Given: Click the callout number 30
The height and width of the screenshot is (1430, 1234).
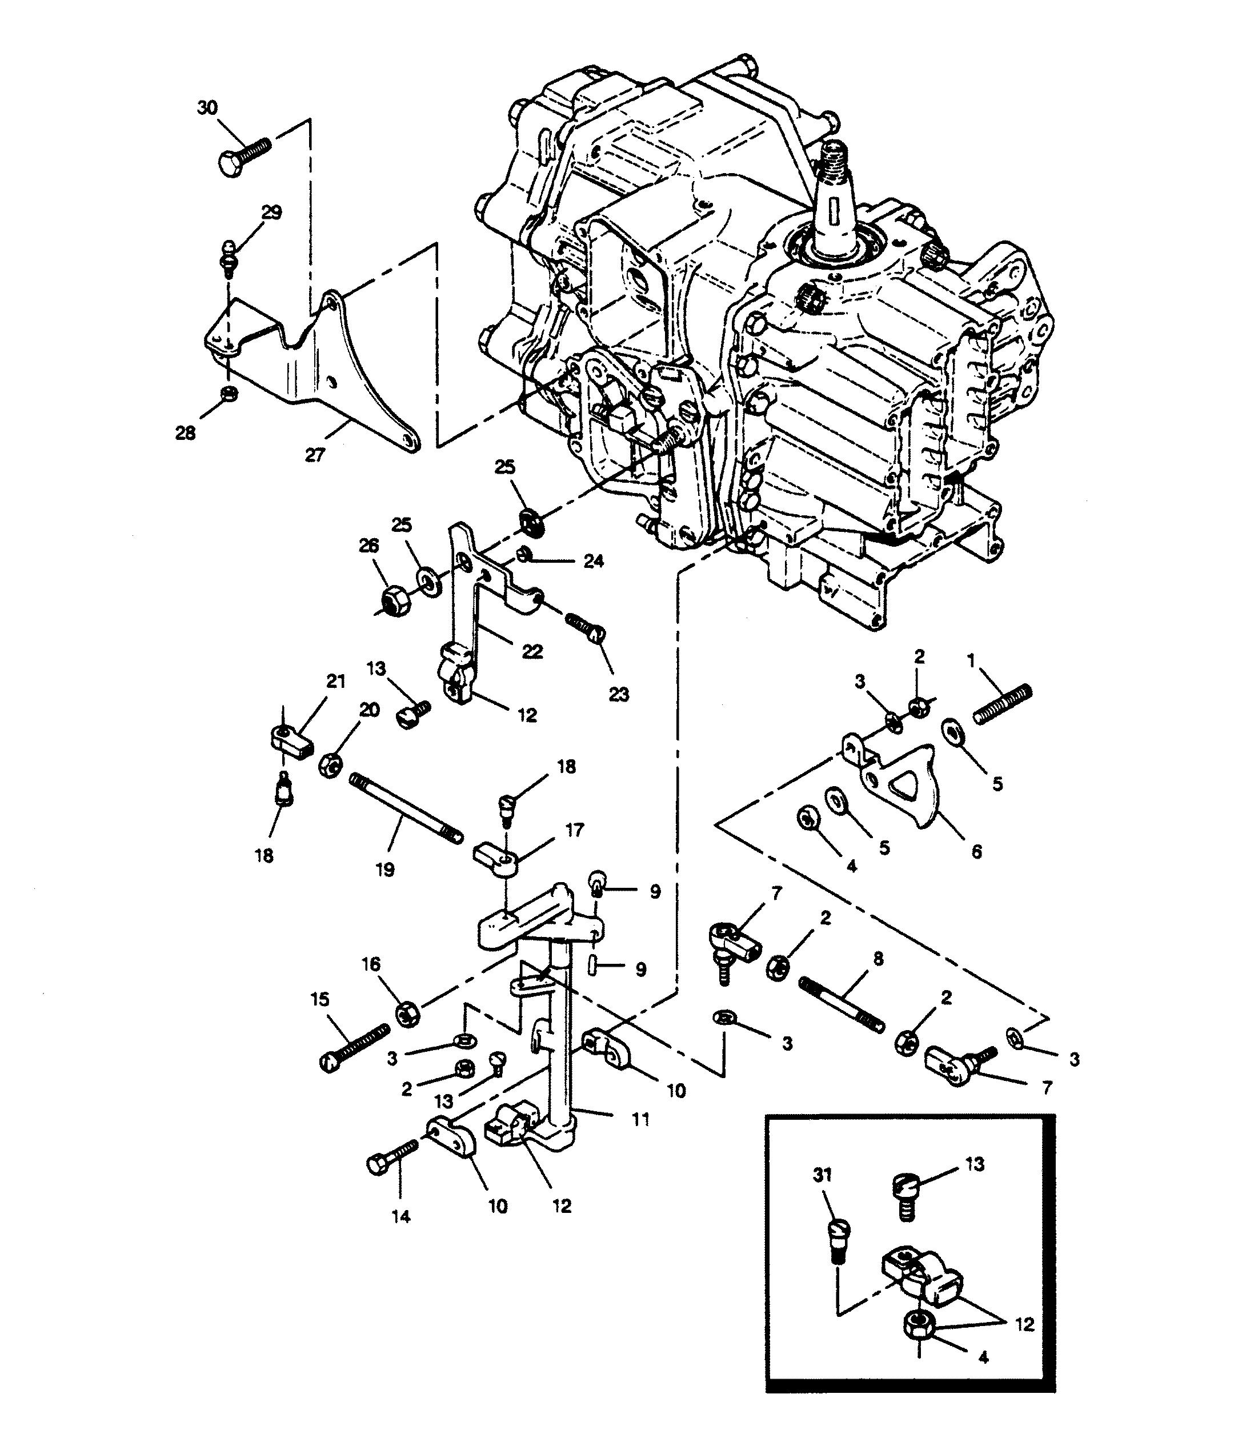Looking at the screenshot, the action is coord(207,109).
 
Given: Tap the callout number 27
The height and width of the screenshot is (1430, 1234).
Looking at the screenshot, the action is coord(315,455).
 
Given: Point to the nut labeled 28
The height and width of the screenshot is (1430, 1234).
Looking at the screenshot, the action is coord(230,394).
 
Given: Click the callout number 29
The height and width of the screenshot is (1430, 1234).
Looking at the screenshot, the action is coord(271,213).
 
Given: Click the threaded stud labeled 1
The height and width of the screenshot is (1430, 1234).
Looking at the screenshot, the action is coord(1002,704).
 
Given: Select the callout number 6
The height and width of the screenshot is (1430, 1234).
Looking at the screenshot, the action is coord(976,852).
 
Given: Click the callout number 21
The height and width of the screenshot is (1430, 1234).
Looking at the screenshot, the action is coord(335,681).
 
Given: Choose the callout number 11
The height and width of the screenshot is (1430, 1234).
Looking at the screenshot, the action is coord(641,1119).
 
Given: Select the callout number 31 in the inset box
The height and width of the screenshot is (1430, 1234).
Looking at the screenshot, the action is coord(823,1175).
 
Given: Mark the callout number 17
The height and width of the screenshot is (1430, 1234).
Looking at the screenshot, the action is coord(574,830).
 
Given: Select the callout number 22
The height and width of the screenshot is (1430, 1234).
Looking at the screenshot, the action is coord(532,651).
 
